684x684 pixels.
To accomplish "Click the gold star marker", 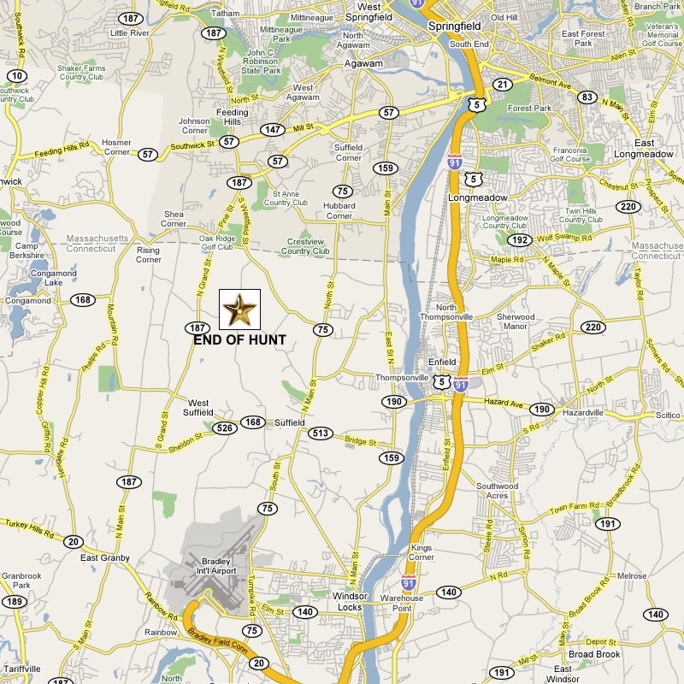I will [x=239, y=310].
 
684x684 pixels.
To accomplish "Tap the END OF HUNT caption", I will [x=239, y=339].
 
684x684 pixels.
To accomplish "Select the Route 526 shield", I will [x=225, y=427].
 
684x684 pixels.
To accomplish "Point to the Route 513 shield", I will [x=321, y=433].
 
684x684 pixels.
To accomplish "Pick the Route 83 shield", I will [x=587, y=97].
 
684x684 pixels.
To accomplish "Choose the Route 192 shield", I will [x=520, y=240].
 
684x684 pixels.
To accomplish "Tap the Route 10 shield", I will [x=17, y=76].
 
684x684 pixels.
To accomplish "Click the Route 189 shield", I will [x=13, y=602].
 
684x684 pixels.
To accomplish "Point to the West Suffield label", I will [x=198, y=408].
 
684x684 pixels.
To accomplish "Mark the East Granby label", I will [x=104, y=558].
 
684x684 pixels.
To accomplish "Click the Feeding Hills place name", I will [x=232, y=118].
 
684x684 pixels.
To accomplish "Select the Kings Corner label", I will [x=422, y=552].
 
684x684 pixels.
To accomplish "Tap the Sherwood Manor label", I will [x=516, y=321].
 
